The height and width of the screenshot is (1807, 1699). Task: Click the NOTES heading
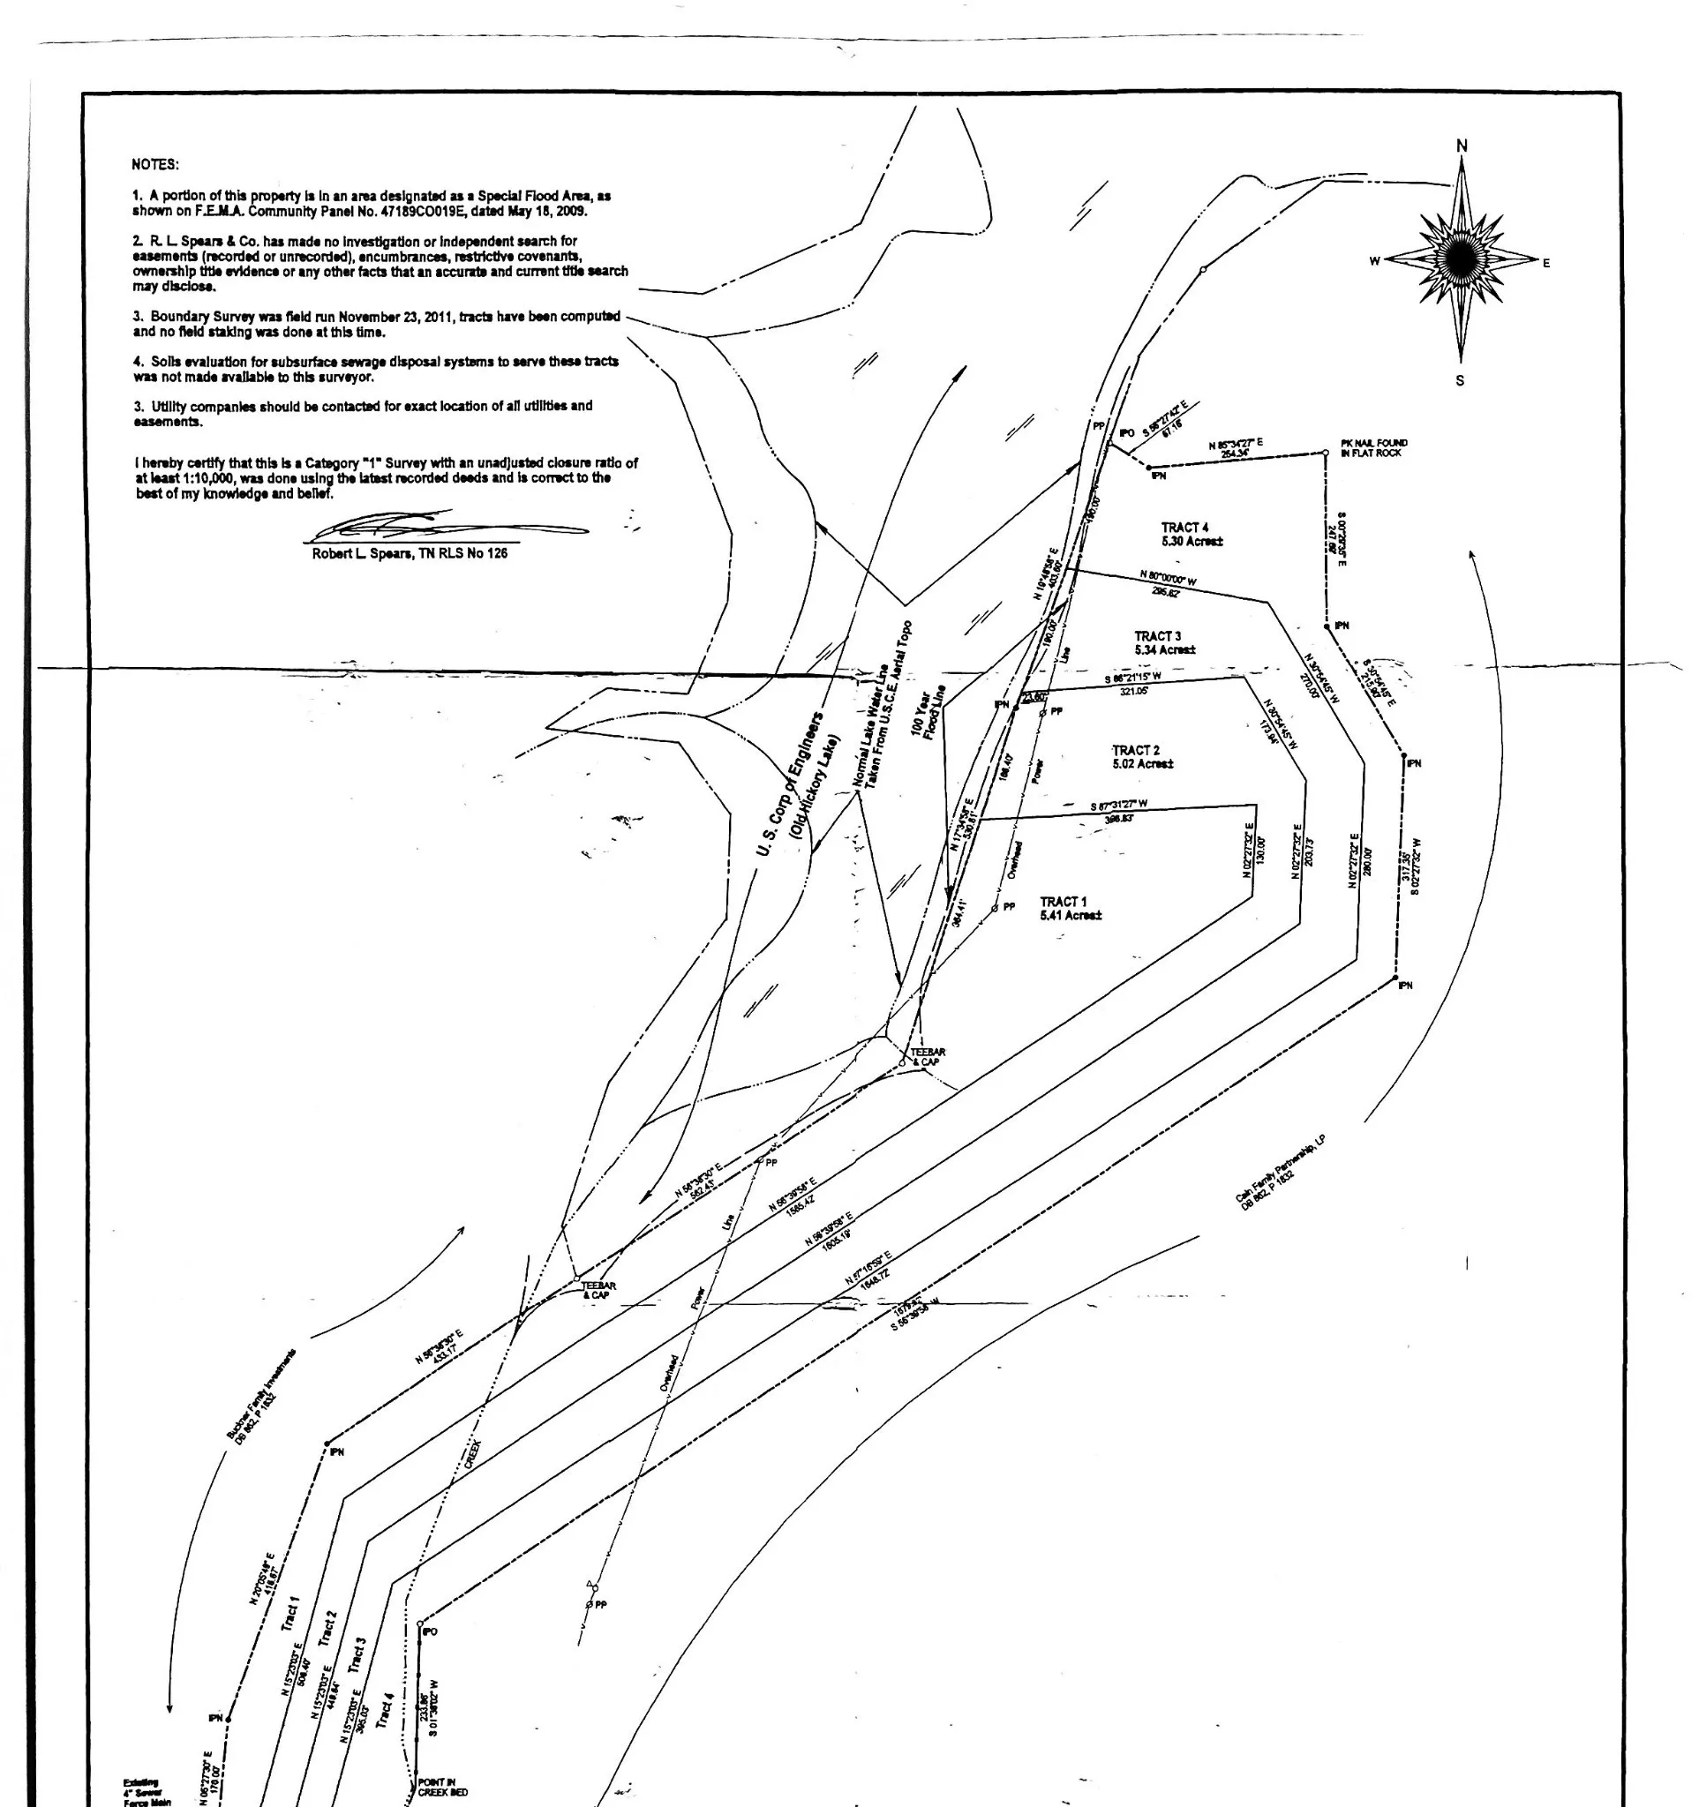[x=155, y=164]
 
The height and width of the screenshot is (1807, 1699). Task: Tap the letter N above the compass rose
[x=1462, y=146]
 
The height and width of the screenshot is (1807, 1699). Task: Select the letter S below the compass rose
[x=1460, y=380]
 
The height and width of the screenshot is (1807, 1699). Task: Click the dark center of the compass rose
[x=1461, y=261]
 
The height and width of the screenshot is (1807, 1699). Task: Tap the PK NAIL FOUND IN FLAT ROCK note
[x=1373, y=448]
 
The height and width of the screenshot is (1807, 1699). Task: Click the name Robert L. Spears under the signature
[x=364, y=553]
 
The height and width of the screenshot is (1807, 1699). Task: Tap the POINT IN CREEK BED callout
[x=443, y=1786]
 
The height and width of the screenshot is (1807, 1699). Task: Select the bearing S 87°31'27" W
[x=1118, y=806]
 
